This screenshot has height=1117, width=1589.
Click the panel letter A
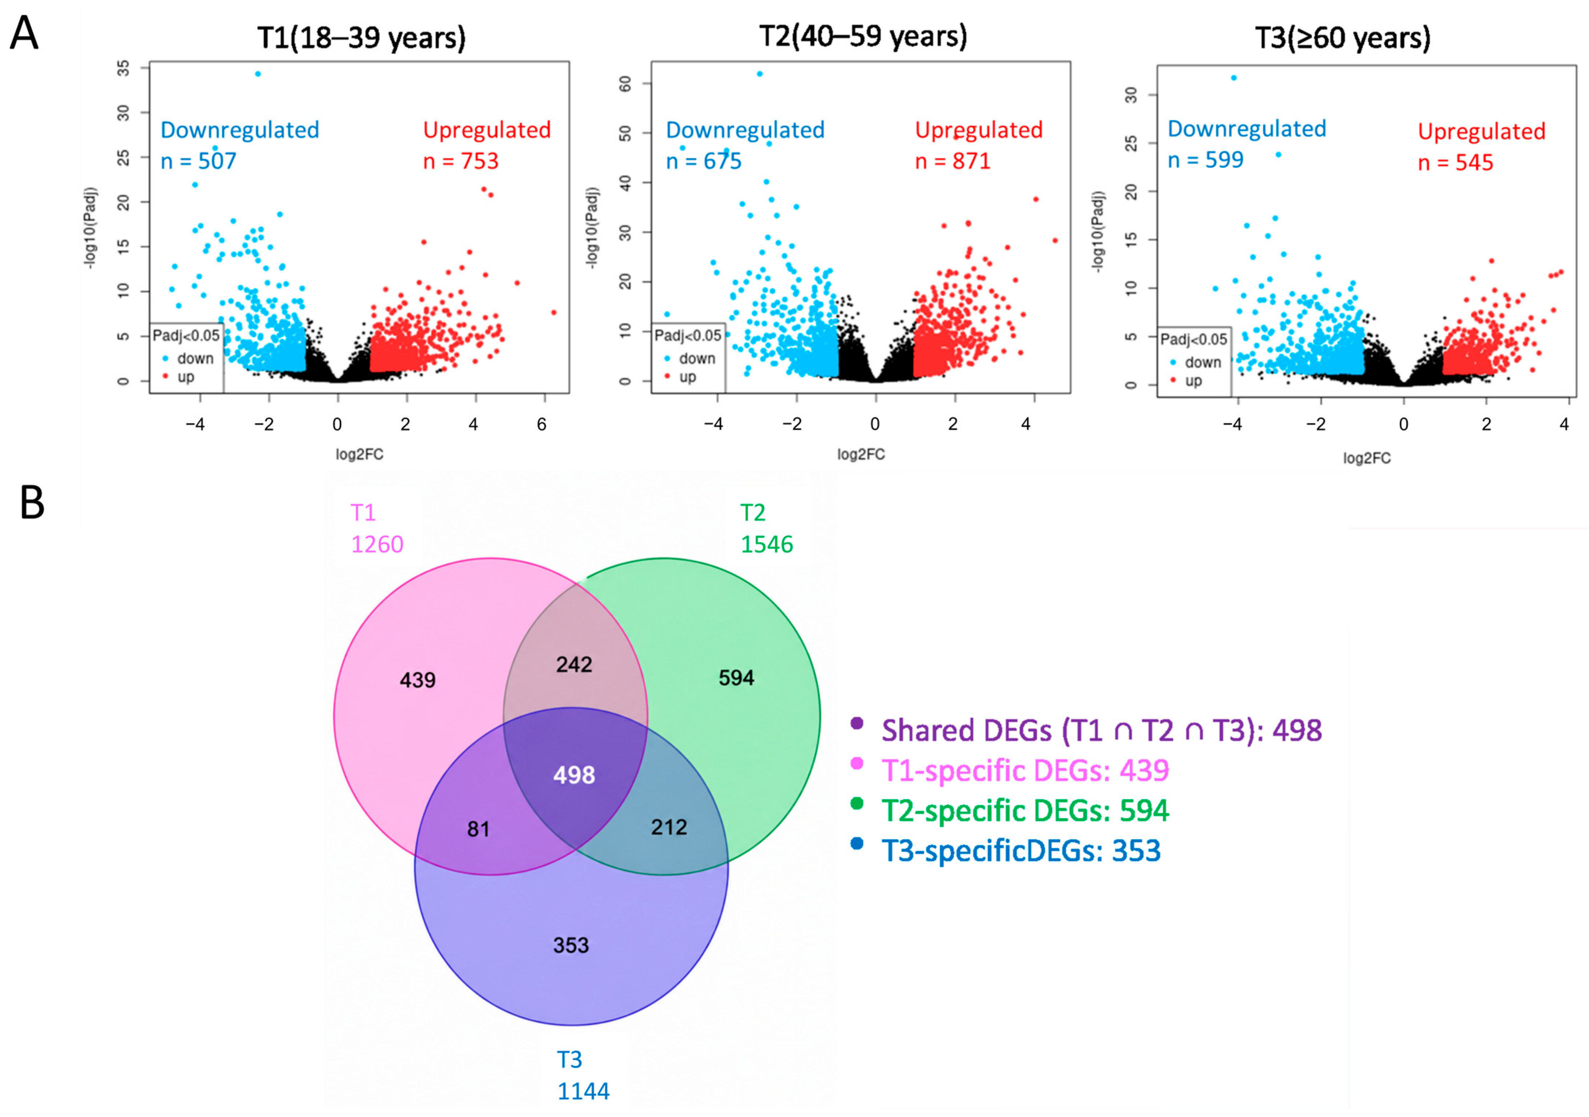(24, 33)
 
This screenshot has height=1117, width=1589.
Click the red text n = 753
(461, 160)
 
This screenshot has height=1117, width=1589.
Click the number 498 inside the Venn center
(574, 775)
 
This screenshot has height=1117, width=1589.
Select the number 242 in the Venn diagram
(574, 665)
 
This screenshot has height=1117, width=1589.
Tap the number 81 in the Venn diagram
(478, 829)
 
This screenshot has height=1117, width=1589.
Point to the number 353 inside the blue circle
(571, 945)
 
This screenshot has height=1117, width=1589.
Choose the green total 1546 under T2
(767, 544)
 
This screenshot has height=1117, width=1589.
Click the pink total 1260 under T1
(377, 544)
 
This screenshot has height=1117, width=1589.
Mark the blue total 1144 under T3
(583, 1091)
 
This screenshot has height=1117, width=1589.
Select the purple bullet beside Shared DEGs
(857, 723)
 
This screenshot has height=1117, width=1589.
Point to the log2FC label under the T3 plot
(1367, 458)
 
